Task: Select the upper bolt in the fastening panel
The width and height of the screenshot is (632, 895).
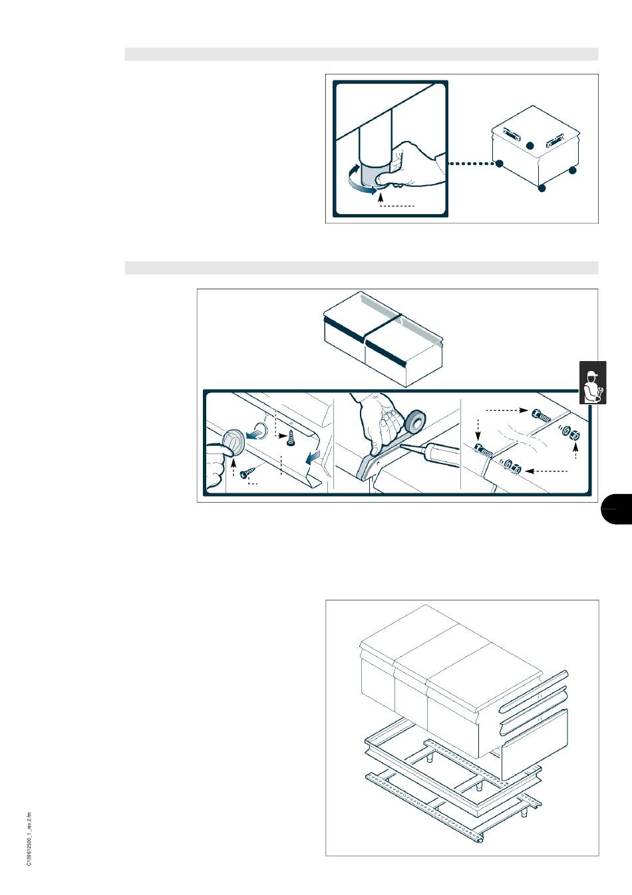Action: click(x=542, y=416)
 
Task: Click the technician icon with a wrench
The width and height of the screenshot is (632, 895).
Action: click(x=593, y=383)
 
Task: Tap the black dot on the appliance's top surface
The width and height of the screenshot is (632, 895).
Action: click(x=530, y=146)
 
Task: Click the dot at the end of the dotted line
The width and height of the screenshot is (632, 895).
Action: click(x=500, y=164)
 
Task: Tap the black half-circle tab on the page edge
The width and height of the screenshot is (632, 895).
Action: click(x=617, y=509)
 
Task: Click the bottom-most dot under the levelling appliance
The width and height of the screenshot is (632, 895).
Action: click(x=542, y=188)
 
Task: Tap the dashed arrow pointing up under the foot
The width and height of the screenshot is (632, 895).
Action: click(x=380, y=199)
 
